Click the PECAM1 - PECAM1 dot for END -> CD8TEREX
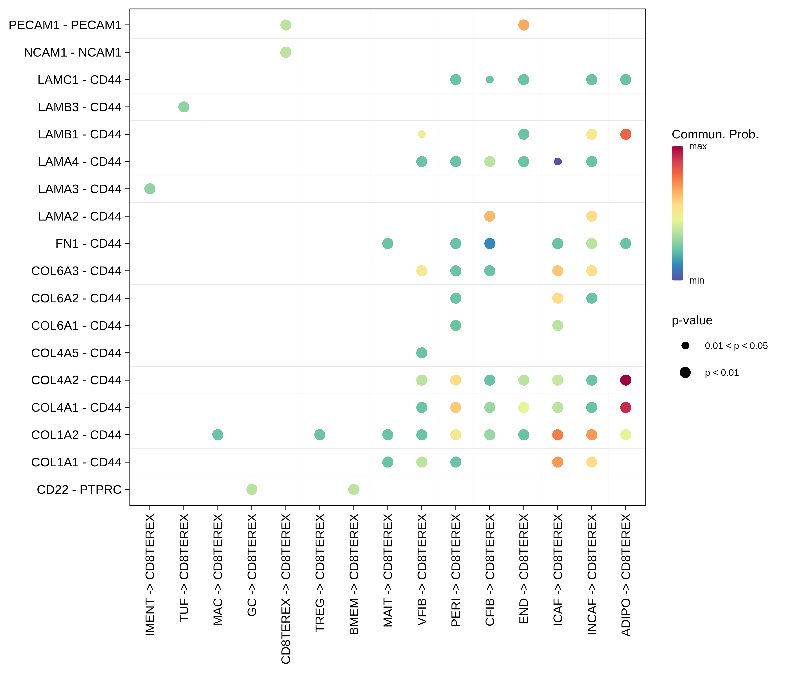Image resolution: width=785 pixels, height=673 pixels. click(523, 25)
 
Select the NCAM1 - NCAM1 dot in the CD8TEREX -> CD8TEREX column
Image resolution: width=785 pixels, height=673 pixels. click(286, 52)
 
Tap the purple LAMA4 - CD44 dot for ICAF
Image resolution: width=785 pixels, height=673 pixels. click(557, 162)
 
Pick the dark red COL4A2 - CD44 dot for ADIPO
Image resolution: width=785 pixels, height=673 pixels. click(626, 380)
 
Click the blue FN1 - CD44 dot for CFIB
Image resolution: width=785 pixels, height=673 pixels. click(489, 243)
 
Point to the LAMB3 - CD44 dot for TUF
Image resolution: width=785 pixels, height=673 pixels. click(184, 107)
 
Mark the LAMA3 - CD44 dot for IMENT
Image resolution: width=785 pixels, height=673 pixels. click(150, 189)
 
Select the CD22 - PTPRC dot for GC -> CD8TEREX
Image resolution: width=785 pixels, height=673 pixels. click(252, 489)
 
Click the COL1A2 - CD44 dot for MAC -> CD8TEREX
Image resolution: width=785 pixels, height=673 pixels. click(218, 435)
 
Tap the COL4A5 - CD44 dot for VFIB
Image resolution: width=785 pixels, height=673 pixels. click(422, 353)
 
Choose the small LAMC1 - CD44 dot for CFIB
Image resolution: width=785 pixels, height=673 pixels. click(489, 80)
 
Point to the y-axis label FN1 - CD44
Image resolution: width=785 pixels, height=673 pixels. click(88, 243)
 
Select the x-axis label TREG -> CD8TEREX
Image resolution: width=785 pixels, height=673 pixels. click(320, 572)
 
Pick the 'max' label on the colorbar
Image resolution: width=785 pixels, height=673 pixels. click(698, 147)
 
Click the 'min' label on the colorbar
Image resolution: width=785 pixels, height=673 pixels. click(696, 280)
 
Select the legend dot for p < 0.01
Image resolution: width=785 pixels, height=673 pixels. click(685, 372)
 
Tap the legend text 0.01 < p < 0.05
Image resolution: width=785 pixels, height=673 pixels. click(736, 346)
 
